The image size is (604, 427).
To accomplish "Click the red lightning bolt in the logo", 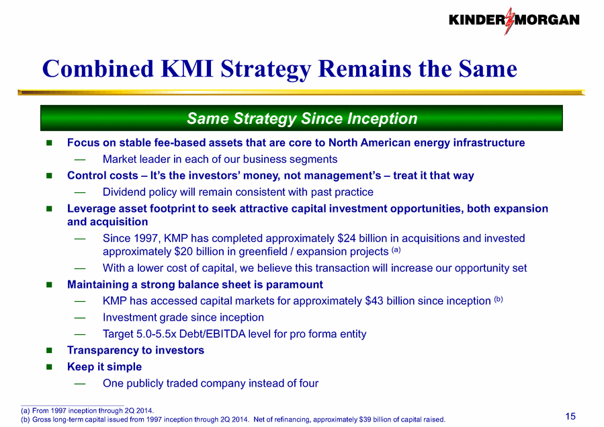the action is [x=509, y=21].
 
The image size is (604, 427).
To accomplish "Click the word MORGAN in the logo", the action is [x=548, y=20].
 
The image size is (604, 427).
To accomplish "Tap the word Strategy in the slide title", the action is [x=265, y=69].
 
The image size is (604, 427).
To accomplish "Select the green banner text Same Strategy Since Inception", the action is [x=302, y=118].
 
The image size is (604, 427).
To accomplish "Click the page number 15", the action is [x=570, y=416].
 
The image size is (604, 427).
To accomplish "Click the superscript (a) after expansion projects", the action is [x=396, y=249].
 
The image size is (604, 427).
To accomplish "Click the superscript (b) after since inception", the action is [x=499, y=299].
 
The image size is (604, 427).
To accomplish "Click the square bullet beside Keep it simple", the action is [x=49, y=366].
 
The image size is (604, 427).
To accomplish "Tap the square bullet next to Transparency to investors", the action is [x=49, y=350].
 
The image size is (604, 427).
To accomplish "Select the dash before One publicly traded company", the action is [x=80, y=383].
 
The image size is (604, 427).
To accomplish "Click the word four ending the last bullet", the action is [x=308, y=383].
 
